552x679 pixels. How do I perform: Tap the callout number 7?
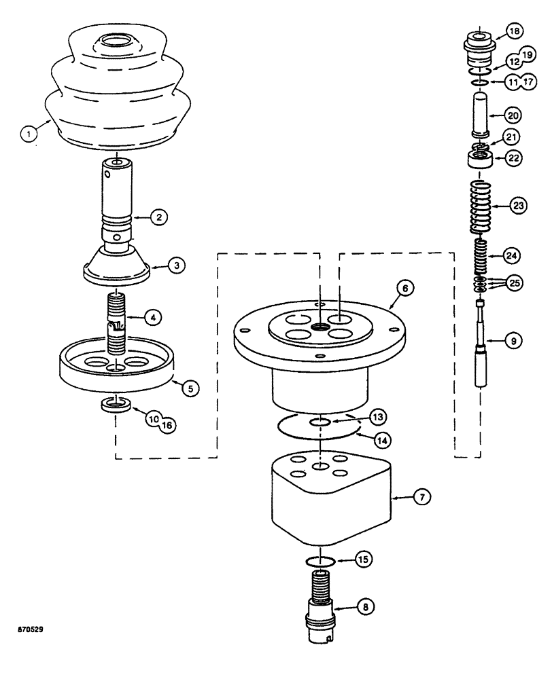coord(421,498)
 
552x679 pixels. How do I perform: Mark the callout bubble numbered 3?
coord(175,265)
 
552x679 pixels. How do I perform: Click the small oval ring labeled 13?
coord(320,422)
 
